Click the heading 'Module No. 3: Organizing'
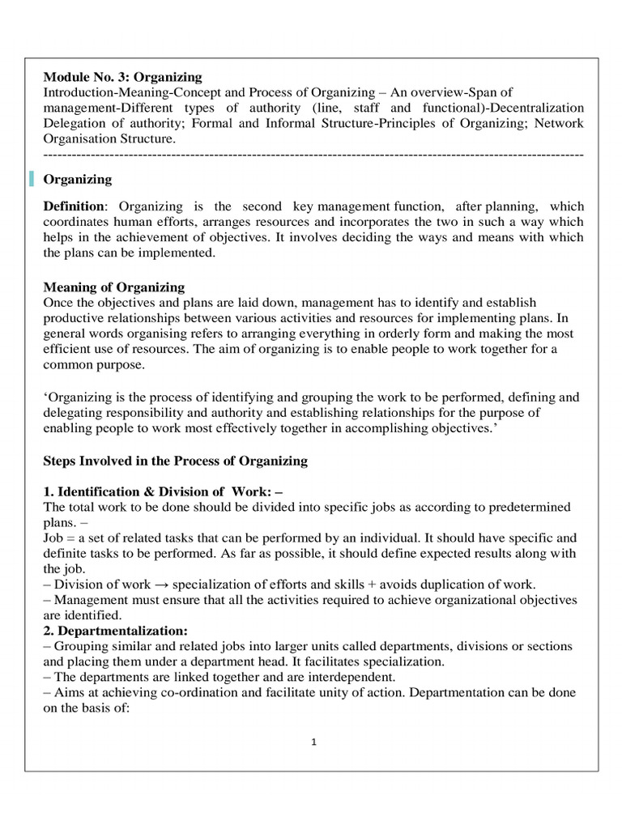tap(122, 78)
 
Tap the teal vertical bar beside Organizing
tap(32, 179)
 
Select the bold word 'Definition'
tap(74, 206)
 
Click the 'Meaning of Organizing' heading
tap(113, 287)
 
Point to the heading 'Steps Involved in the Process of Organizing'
tap(175, 461)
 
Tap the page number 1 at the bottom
tap(313, 742)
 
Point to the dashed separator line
tap(313, 153)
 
